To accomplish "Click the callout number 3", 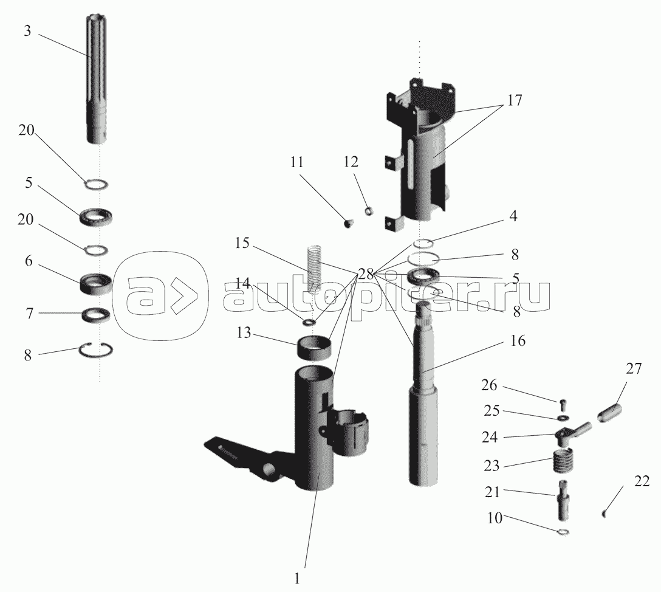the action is pyautogui.click(x=27, y=31).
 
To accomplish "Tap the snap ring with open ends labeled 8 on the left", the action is pyautogui.click(x=97, y=349).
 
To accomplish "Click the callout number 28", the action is pyautogui.click(x=366, y=274).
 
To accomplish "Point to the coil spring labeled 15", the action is pyautogui.click(x=313, y=269).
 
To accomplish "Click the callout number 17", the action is pyautogui.click(x=514, y=100).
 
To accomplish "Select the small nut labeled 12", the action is pyautogui.click(x=370, y=210).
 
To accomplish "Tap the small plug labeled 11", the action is pyautogui.click(x=349, y=223).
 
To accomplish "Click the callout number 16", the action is pyautogui.click(x=517, y=340).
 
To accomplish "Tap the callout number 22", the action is pyautogui.click(x=642, y=481).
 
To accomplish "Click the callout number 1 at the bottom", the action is pyautogui.click(x=296, y=579).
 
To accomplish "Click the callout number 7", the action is pyautogui.click(x=29, y=314).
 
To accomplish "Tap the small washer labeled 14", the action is pyautogui.click(x=309, y=323).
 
